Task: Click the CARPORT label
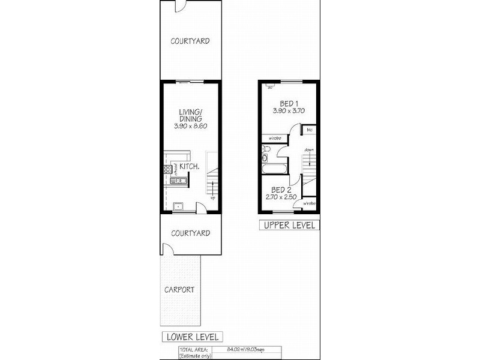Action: (x=180, y=289)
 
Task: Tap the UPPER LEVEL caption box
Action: (x=289, y=226)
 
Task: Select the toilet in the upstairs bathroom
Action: (x=265, y=158)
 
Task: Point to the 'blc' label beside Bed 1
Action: (x=310, y=130)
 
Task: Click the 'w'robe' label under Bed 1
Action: (x=275, y=138)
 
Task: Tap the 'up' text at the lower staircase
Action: (x=212, y=196)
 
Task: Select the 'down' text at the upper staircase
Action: (x=308, y=149)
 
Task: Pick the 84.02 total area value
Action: (x=238, y=349)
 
